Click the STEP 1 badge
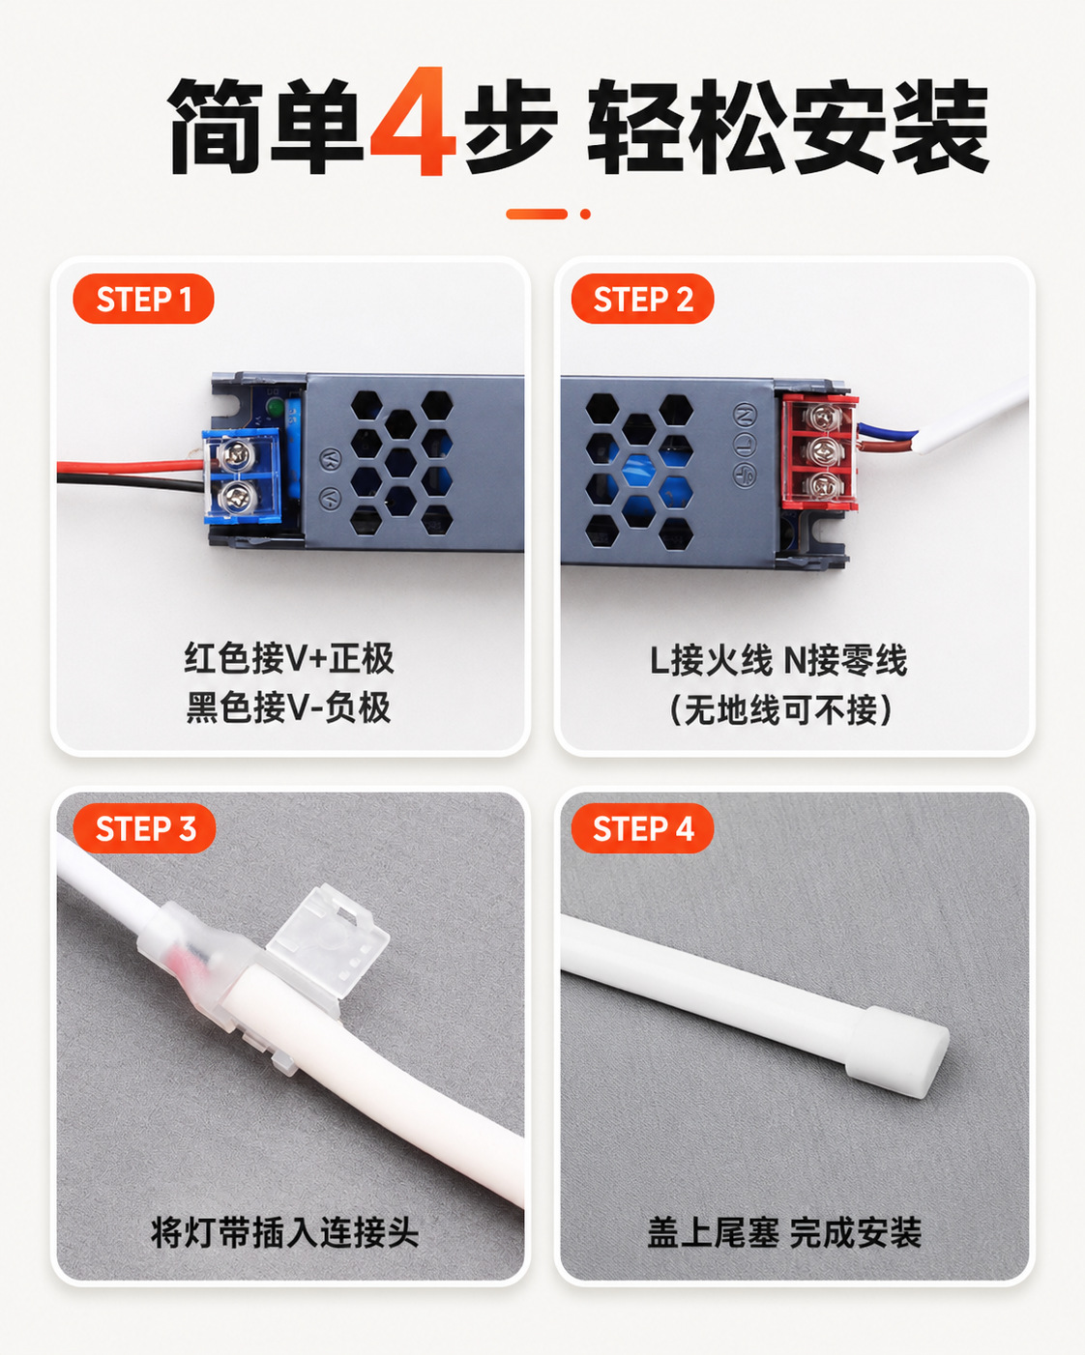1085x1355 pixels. tap(144, 299)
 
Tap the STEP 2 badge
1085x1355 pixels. tap(643, 299)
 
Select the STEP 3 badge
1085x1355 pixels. tap(144, 828)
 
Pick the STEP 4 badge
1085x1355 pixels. tap(643, 828)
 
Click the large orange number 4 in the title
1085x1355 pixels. tap(413, 121)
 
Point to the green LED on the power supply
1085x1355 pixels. tap(275, 408)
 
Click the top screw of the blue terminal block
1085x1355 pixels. tap(239, 452)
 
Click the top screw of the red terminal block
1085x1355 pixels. tap(822, 416)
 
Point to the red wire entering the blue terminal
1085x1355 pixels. tap(130, 467)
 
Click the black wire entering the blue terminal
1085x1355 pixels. tap(130, 481)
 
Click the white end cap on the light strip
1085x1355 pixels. tap(897, 1051)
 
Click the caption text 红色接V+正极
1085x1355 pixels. tap(288, 658)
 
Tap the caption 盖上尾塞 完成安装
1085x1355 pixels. tap(784, 1233)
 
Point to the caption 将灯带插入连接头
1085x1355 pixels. tap(285, 1233)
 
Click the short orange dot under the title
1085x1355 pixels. tap(585, 215)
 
